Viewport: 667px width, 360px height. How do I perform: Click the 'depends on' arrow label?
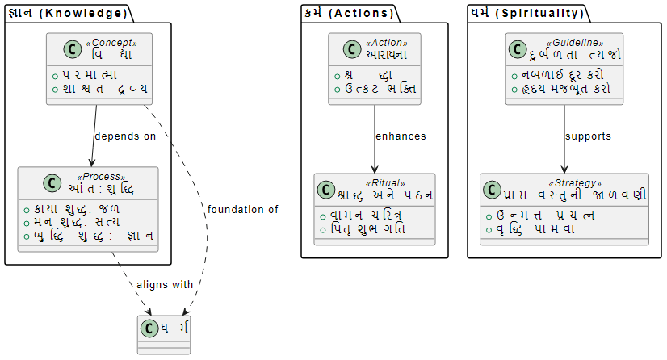(125, 136)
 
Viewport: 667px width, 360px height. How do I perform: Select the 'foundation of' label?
(242, 210)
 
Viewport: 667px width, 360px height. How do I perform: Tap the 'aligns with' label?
(165, 285)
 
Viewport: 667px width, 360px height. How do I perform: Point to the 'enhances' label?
(401, 136)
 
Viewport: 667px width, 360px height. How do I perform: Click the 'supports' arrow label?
(589, 136)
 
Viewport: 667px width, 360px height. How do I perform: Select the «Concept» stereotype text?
(113, 43)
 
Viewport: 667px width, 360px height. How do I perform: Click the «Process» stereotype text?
(101, 177)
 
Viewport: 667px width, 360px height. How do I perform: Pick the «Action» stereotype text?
(387, 43)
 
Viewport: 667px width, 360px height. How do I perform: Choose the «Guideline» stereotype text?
(575, 43)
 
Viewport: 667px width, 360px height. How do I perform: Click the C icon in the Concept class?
(57, 48)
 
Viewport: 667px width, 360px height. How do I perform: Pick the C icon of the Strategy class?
(492, 190)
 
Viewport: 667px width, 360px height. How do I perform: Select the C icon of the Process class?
(29, 182)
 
